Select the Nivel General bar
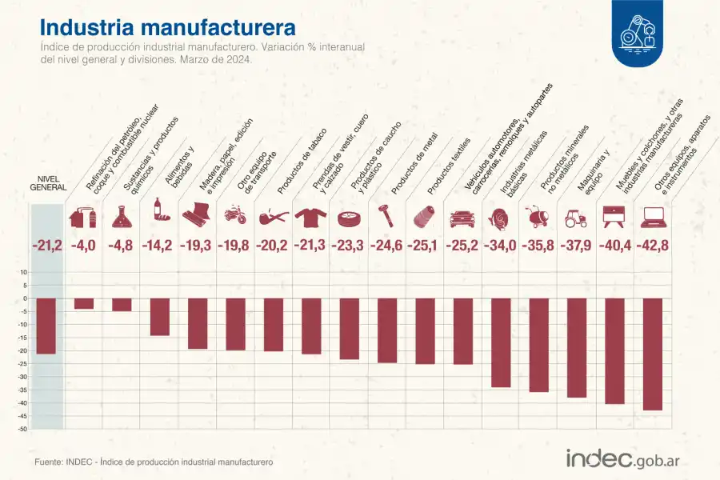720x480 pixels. (x=46, y=326)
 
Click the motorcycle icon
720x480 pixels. (x=235, y=216)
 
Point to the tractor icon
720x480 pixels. (x=576, y=217)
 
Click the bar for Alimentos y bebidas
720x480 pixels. (x=160, y=317)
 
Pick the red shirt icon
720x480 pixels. (x=310, y=216)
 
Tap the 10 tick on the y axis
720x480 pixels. (x=24, y=272)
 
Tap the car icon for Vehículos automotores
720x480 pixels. (x=462, y=217)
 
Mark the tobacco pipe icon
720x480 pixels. (x=273, y=216)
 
